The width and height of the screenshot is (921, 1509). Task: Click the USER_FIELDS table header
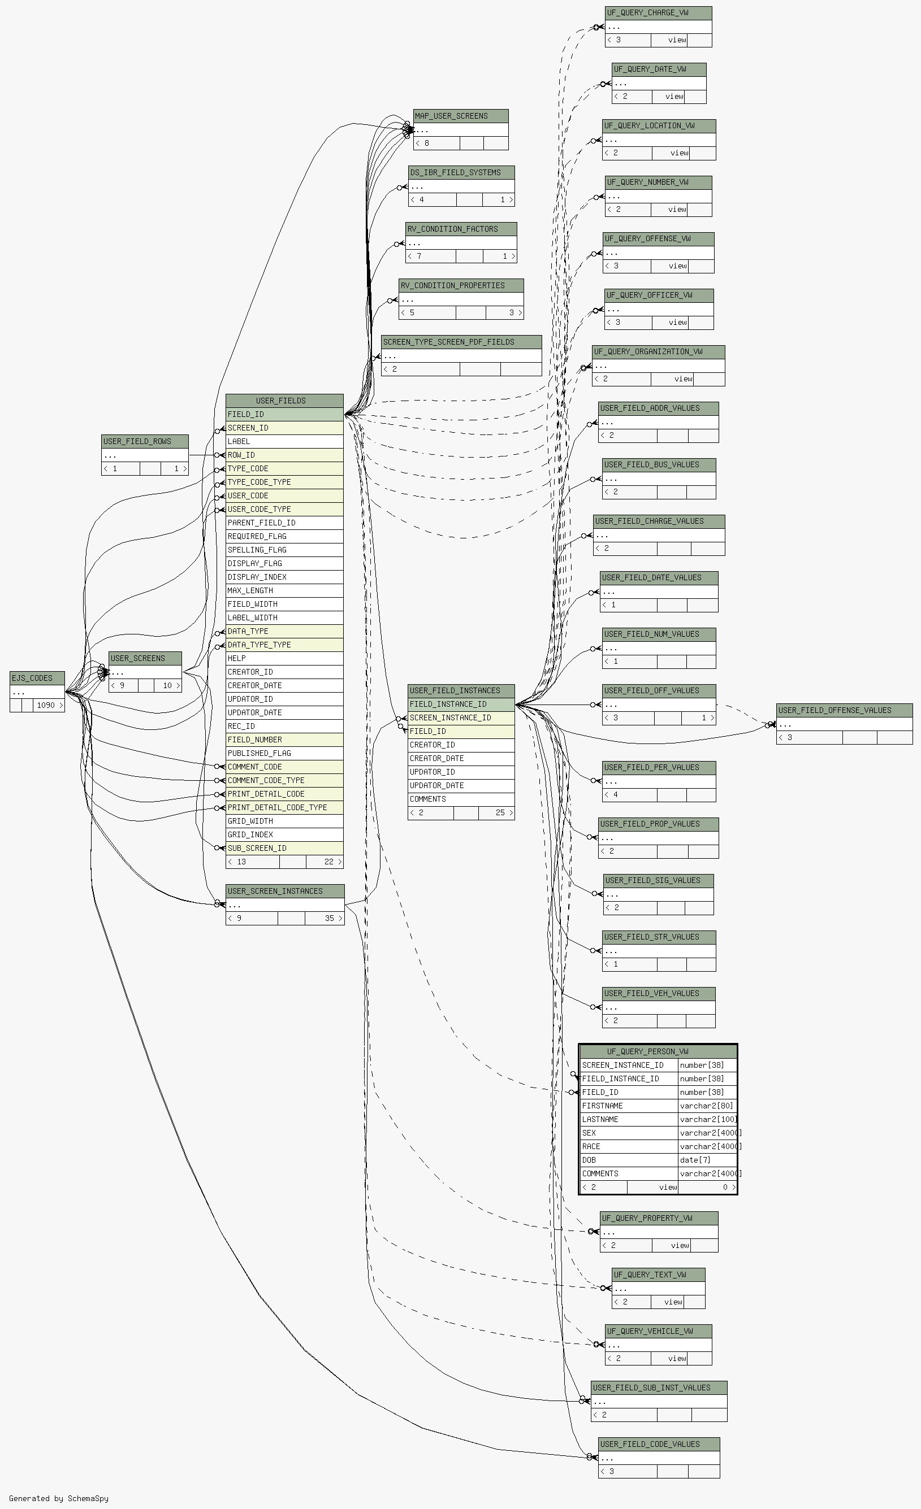pyautogui.click(x=284, y=401)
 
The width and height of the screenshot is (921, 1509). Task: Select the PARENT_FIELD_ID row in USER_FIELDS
pyautogui.click(x=284, y=523)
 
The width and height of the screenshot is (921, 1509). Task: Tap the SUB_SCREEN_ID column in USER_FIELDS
pyautogui.click(x=284, y=848)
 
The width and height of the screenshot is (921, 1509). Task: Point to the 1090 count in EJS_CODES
pyautogui.click(x=46, y=706)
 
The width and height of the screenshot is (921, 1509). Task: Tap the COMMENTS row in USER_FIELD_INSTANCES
pyautogui.click(x=461, y=799)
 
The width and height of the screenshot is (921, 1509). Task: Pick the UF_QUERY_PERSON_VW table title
pyautogui.click(x=658, y=1051)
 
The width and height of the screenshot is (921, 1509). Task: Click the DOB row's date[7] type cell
pyautogui.click(x=707, y=1160)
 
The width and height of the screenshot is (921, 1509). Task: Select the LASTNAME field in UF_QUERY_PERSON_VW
pyautogui.click(x=629, y=1120)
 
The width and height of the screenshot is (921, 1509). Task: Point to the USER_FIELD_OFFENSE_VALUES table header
pyautogui.click(x=845, y=710)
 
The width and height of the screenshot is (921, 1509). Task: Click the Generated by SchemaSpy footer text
pyautogui.click(x=59, y=1499)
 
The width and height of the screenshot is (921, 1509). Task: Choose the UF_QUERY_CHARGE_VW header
pyautogui.click(x=658, y=14)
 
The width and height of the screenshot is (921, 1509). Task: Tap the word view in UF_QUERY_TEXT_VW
pyautogui.click(x=673, y=1302)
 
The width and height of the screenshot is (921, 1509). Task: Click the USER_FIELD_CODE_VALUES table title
pyautogui.click(x=659, y=1444)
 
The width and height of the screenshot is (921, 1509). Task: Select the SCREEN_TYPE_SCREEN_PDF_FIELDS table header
pyautogui.click(x=461, y=342)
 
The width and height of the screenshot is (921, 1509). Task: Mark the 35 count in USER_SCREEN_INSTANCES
pyautogui.click(x=330, y=919)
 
